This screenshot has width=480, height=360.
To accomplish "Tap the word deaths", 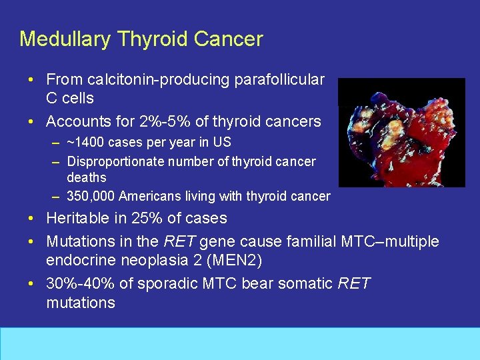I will point(87,178).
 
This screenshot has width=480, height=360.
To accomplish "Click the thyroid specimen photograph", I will point(401,133).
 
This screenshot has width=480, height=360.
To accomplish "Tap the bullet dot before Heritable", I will point(32,219).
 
